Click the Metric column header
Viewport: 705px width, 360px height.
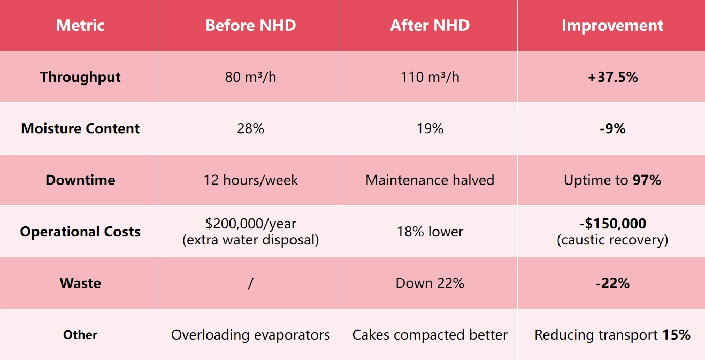point(80,26)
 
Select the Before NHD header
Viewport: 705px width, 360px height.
point(250,26)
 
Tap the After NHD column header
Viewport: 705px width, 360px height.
point(430,26)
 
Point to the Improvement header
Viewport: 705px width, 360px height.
point(612,26)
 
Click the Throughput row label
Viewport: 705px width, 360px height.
point(80,77)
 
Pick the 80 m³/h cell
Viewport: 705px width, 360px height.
point(250,77)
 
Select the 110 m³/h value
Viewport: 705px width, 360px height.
point(430,77)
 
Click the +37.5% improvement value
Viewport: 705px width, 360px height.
point(612,77)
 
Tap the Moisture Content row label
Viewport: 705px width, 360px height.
point(80,128)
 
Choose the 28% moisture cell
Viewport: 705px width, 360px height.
point(250,128)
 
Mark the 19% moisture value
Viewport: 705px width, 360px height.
point(430,128)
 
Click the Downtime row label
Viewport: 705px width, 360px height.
point(80,180)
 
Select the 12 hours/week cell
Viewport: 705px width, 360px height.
point(250,180)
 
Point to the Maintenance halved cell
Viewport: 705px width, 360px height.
point(430,180)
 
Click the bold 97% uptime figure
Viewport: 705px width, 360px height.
point(647,180)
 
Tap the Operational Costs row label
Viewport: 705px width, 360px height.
point(80,232)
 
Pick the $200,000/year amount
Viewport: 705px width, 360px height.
point(250,224)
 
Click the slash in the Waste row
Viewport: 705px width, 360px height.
point(250,283)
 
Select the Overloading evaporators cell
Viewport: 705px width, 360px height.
point(250,335)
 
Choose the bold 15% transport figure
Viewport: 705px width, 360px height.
point(676,335)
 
